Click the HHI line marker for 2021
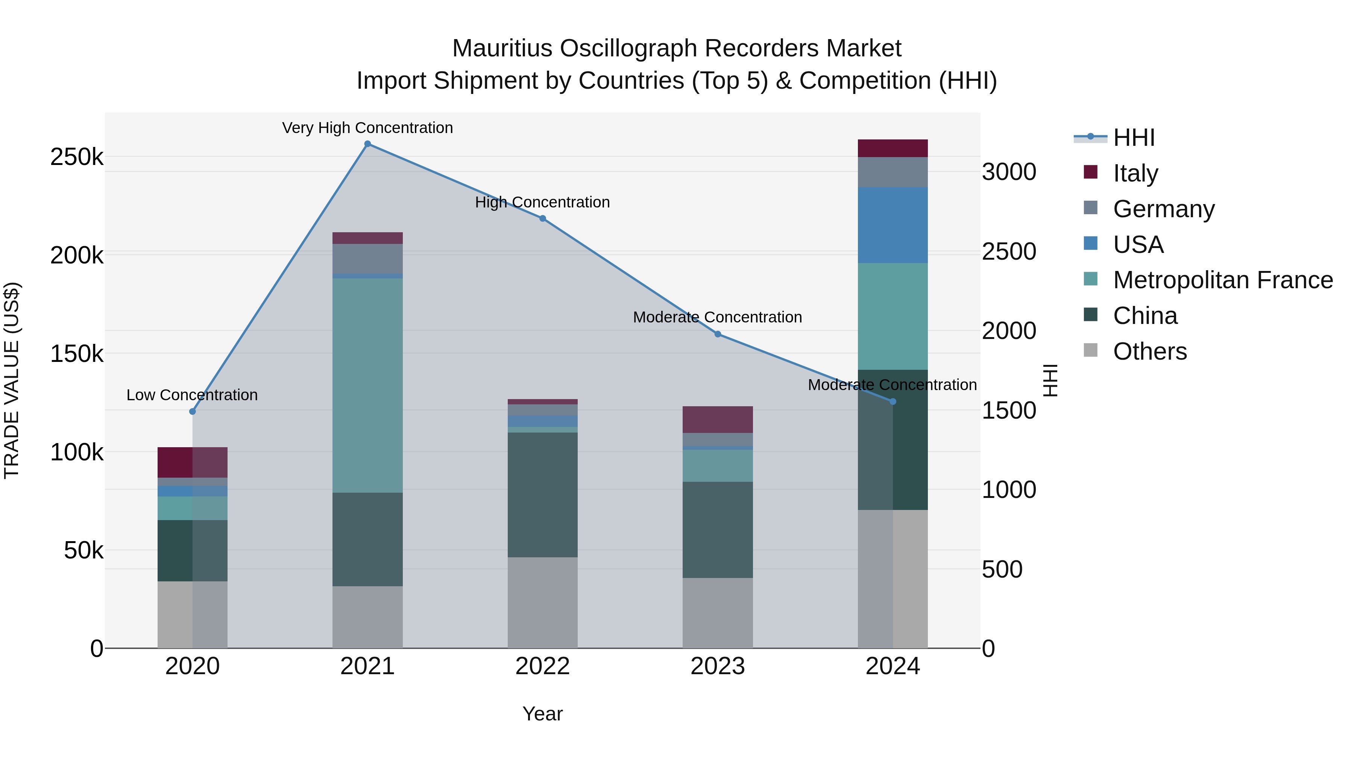tap(367, 144)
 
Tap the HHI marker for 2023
tap(718, 334)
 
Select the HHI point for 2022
tap(542, 218)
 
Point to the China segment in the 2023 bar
tap(718, 530)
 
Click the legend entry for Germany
tap(1163, 209)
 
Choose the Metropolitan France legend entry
tap(1223, 280)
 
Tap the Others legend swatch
tap(1091, 350)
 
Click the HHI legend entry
tap(1134, 138)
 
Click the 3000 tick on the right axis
tap(1009, 172)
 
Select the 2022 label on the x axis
tap(542, 666)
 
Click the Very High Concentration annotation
tap(367, 128)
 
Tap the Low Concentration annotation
tap(192, 395)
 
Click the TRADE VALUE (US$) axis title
tap(12, 380)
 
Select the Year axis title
tap(542, 714)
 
